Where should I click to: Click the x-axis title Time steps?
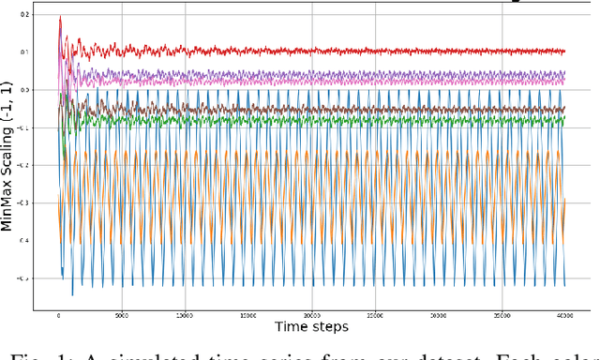coord(311,327)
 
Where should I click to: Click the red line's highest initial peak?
coord(60,17)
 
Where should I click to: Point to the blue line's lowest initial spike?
coord(72,294)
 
